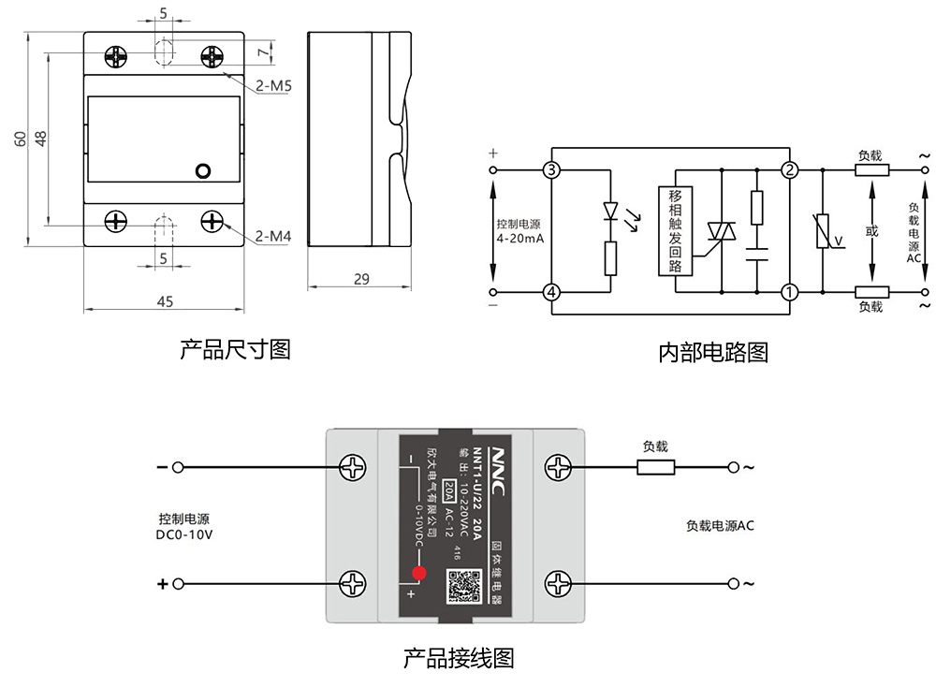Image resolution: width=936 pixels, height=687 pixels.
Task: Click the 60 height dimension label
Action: click(x=20, y=139)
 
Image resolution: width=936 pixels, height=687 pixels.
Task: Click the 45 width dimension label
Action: click(x=164, y=301)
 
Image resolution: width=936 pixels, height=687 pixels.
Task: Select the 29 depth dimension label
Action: click(x=361, y=279)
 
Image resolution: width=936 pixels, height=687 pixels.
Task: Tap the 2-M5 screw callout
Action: click(x=274, y=86)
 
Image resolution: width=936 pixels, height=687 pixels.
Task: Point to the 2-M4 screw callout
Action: click(x=273, y=237)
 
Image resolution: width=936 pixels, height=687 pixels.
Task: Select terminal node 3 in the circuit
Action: click(x=551, y=170)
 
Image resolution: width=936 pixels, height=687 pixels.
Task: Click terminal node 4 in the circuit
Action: click(x=551, y=292)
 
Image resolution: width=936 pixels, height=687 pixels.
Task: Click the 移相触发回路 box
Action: click(x=675, y=230)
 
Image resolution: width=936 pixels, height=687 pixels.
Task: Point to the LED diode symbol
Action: click(x=610, y=210)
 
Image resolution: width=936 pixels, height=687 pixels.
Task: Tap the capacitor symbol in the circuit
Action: click(x=756, y=252)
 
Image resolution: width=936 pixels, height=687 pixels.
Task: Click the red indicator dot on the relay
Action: click(x=419, y=573)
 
